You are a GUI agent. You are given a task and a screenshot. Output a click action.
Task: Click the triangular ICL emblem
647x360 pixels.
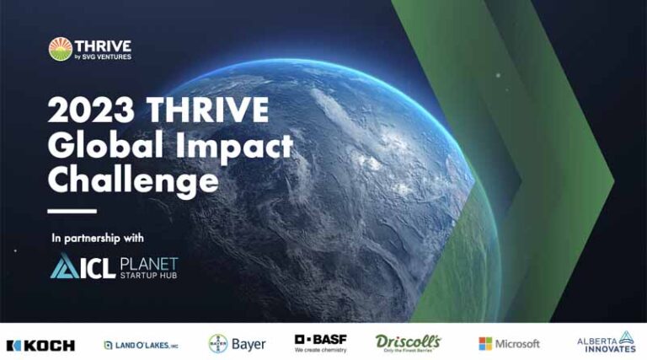[x=64, y=268]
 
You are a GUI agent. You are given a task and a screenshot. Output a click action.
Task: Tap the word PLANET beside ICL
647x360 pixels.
[x=147, y=262]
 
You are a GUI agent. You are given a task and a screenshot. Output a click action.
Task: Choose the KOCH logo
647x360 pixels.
[x=40, y=345]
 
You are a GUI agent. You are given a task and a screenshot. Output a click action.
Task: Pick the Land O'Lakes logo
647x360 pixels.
[x=141, y=345]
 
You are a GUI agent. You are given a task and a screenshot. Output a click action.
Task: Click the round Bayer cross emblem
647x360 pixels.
[x=218, y=343]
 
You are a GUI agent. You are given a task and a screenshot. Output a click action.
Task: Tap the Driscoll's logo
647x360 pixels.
[x=408, y=342]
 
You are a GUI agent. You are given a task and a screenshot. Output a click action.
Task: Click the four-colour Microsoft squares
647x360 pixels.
[x=485, y=344]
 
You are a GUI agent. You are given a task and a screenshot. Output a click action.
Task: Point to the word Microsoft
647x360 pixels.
[x=518, y=344]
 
